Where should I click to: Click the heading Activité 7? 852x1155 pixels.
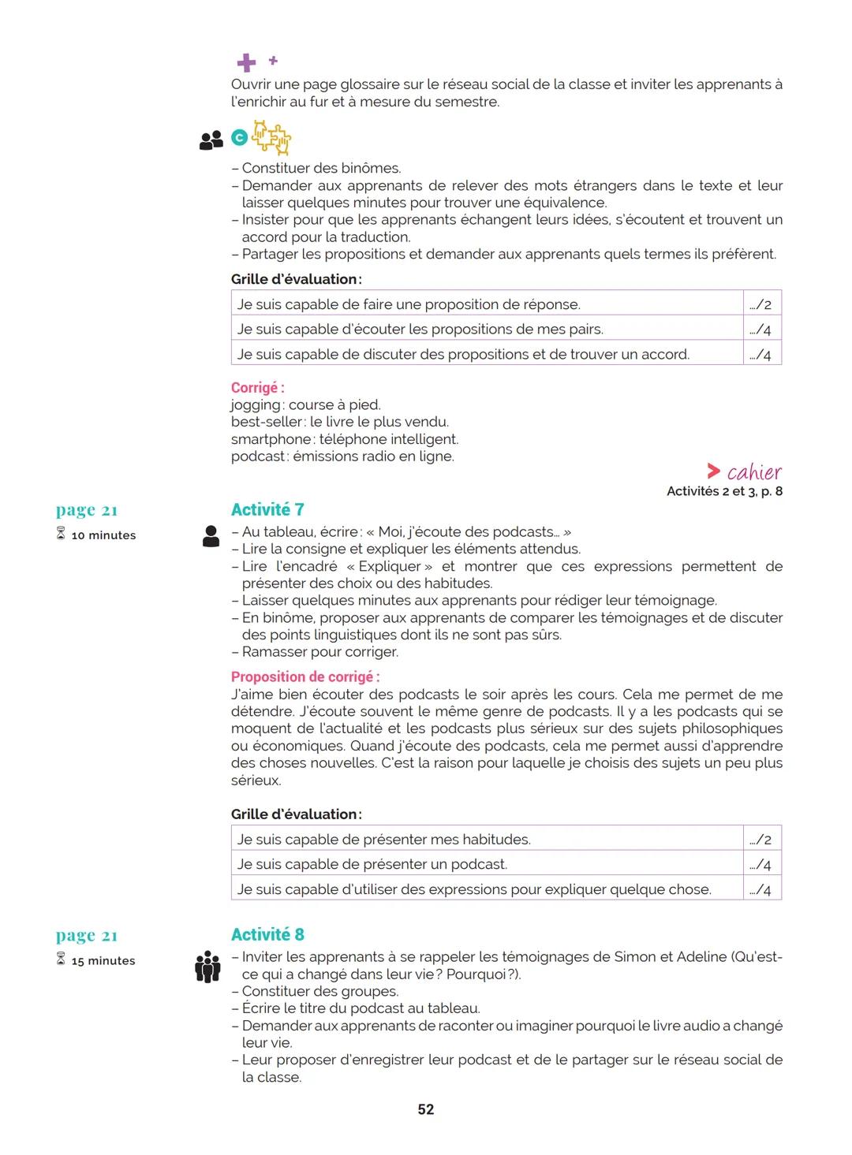(267, 509)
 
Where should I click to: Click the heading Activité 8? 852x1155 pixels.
(267, 934)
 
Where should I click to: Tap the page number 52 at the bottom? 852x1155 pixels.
(426, 1109)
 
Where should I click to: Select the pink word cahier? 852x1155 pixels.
(753, 472)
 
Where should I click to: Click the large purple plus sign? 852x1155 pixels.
(246, 63)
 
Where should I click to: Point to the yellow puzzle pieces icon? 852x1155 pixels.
(271, 138)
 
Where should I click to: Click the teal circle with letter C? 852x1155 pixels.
(239, 139)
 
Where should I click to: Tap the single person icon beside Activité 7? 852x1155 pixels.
(211, 536)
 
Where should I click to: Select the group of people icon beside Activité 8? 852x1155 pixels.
(207, 967)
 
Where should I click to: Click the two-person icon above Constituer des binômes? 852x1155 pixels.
(211, 140)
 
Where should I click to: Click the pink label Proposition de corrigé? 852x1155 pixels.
(305, 676)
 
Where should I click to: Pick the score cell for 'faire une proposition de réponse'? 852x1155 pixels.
(761, 304)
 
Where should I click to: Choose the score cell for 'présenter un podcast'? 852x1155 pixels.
(761, 865)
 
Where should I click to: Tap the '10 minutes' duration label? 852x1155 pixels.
(103, 535)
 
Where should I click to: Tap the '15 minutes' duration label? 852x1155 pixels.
(103, 961)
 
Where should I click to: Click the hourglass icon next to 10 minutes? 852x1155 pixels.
(61, 535)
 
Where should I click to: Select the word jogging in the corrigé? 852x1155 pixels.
(256, 405)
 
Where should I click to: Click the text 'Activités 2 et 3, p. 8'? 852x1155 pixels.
(724, 491)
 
